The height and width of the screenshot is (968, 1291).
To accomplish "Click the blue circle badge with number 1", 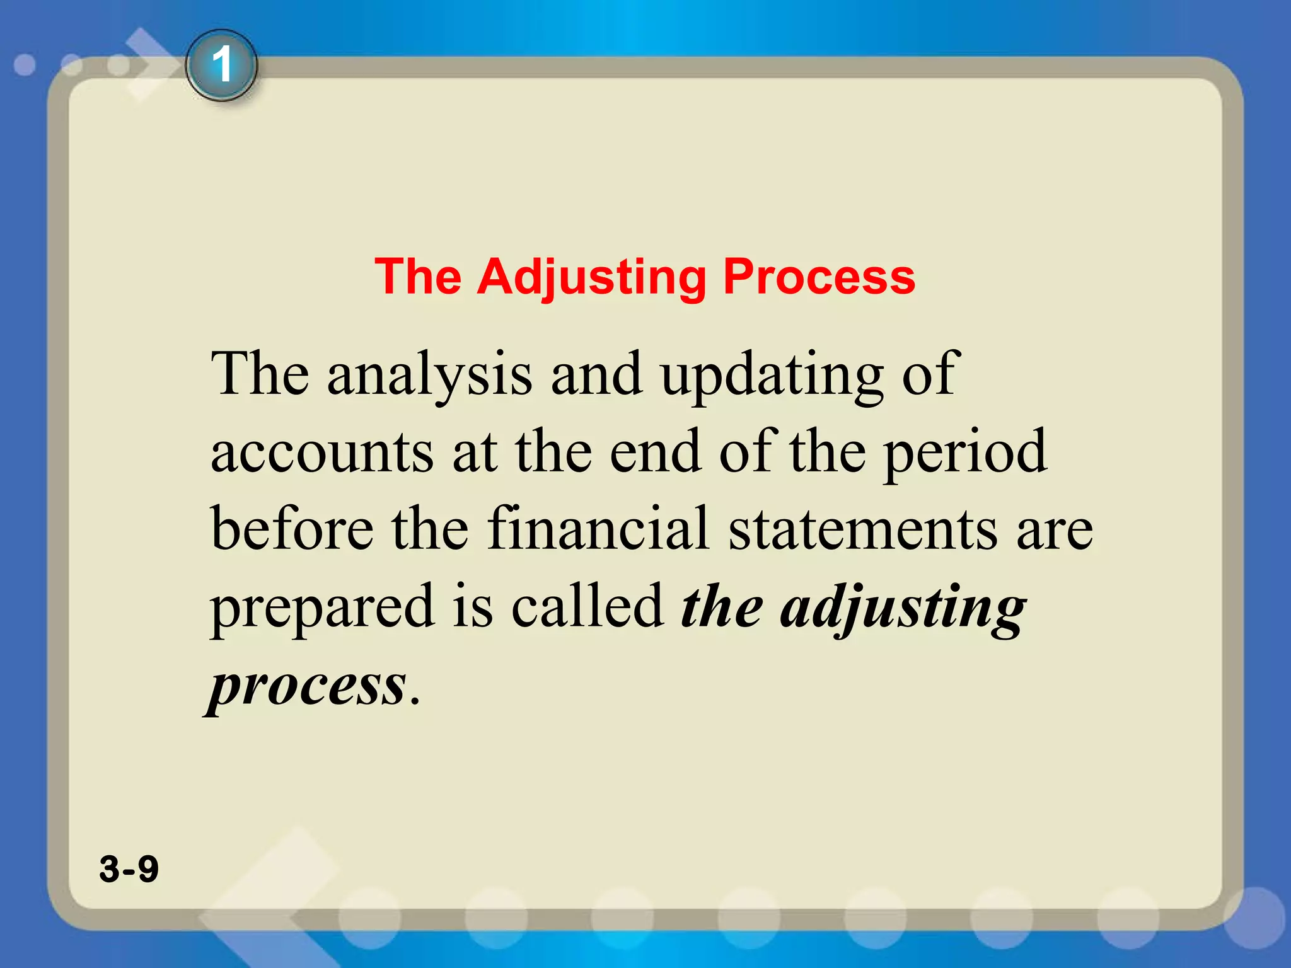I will point(221,66).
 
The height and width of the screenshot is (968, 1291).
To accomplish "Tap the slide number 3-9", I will point(129,868).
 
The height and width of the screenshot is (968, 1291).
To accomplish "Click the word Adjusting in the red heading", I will point(591,277).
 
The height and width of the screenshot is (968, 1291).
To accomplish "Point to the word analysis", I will point(429,376).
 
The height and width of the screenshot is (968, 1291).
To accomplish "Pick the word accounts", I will point(321,452).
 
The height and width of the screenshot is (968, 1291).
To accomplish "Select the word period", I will point(964,452).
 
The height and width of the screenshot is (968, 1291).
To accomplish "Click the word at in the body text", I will point(474,452).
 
